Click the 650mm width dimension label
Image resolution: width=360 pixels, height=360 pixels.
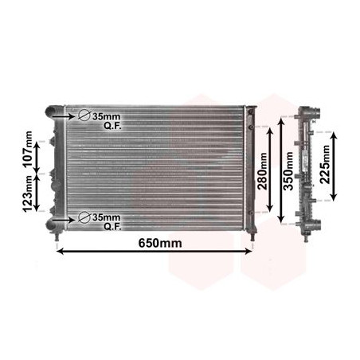click(160, 243)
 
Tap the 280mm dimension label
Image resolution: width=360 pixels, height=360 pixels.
click(263, 171)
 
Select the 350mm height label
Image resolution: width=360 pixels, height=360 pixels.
click(288, 171)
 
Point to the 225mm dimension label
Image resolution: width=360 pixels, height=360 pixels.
click(325, 165)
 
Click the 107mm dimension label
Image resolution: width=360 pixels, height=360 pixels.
click(28, 149)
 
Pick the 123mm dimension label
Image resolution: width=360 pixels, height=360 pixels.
click(28, 194)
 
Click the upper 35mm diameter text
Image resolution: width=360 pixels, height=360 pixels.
click(106, 116)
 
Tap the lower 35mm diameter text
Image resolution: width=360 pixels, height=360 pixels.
click(106, 217)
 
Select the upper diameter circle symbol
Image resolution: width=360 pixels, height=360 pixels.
click(84, 115)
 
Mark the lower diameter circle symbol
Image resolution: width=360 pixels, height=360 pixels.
click(84, 217)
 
